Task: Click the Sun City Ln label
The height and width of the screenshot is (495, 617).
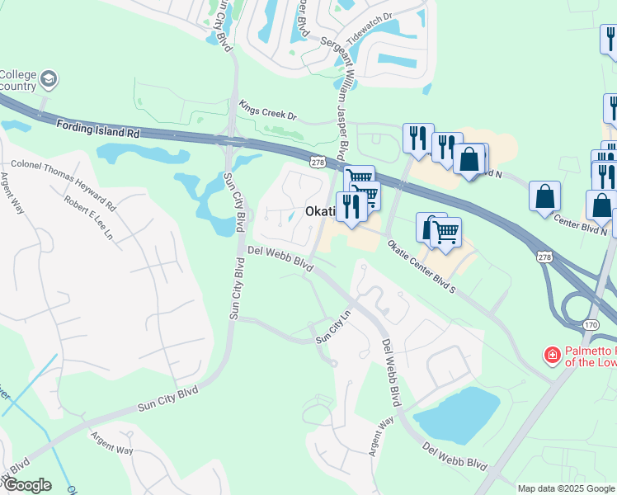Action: pyautogui.click(x=334, y=328)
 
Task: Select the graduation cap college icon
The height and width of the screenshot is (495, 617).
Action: pyautogui.click(x=49, y=78)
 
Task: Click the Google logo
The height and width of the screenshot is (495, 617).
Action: pyautogui.click(x=26, y=485)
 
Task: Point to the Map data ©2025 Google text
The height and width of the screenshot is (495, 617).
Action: pyautogui.click(x=566, y=488)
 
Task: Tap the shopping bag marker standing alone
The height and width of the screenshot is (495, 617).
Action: pyautogui.click(x=544, y=196)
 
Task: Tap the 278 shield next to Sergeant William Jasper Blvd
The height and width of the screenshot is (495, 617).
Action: pyautogui.click(x=317, y=163)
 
